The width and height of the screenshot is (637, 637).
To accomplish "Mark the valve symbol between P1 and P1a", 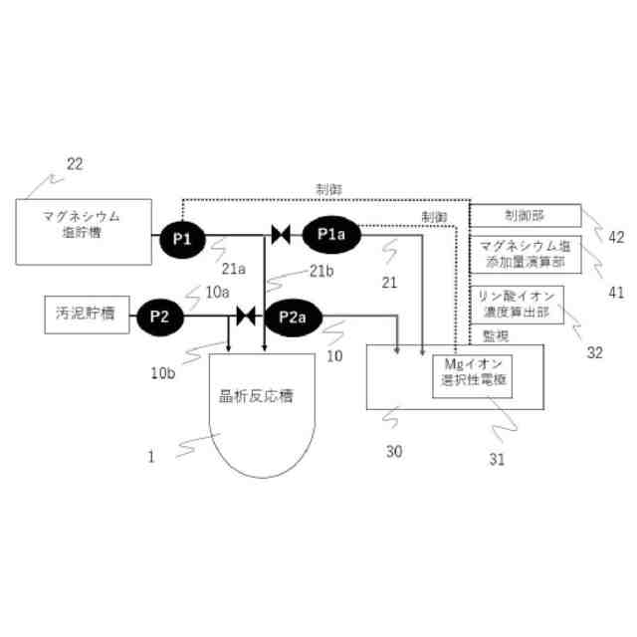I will point(281,236).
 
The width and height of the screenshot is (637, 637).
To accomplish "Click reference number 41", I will point(617,292).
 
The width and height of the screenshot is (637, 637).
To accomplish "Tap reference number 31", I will point(497,459).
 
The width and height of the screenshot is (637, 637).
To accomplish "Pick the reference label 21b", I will point(320,272).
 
